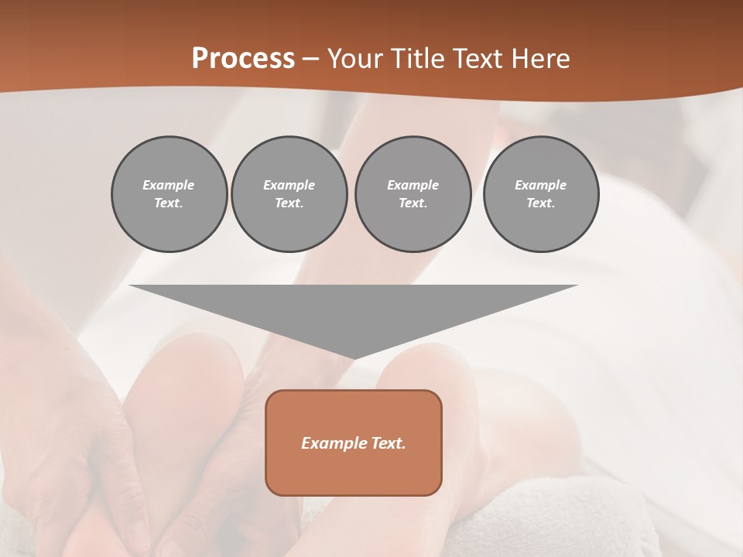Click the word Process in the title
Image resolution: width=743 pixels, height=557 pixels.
[243, 59]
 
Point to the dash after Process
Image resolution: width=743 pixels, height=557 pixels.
[311, 60]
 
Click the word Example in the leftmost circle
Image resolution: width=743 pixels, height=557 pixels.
[169, 185]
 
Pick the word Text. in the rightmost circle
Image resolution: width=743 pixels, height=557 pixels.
[541, 203]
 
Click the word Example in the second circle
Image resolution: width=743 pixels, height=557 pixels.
[289, 185]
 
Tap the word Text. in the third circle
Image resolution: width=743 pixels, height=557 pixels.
[413, 203]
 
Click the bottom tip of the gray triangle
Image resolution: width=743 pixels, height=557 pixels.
[354, 357]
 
